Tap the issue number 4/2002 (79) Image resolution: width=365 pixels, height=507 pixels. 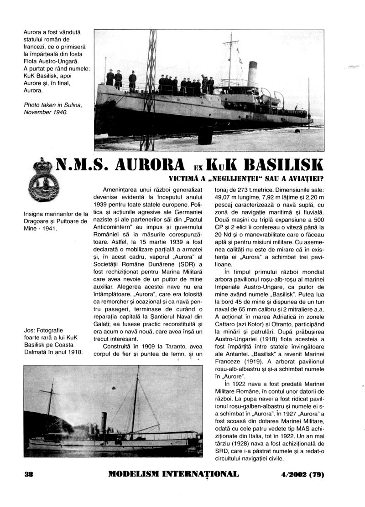coord(303,474)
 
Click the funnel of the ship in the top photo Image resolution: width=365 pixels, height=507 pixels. coord(252,73)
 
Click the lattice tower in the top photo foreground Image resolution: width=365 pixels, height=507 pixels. coord(148,91)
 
